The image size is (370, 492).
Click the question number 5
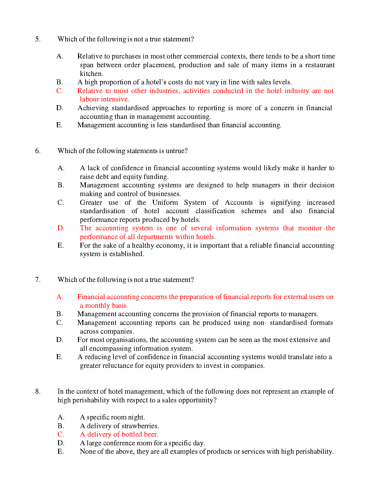coord(37,39)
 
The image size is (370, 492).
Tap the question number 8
coord(37,391)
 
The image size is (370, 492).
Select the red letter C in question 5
coord(59,91)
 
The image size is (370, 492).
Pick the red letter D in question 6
coord(61,228)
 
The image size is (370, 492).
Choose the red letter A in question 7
coord(60,297)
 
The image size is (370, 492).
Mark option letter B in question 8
coord(61,426)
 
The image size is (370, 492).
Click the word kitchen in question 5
coord(91,74)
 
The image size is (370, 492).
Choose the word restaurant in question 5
coord(320,65)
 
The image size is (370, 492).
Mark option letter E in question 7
coord(59,357)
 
